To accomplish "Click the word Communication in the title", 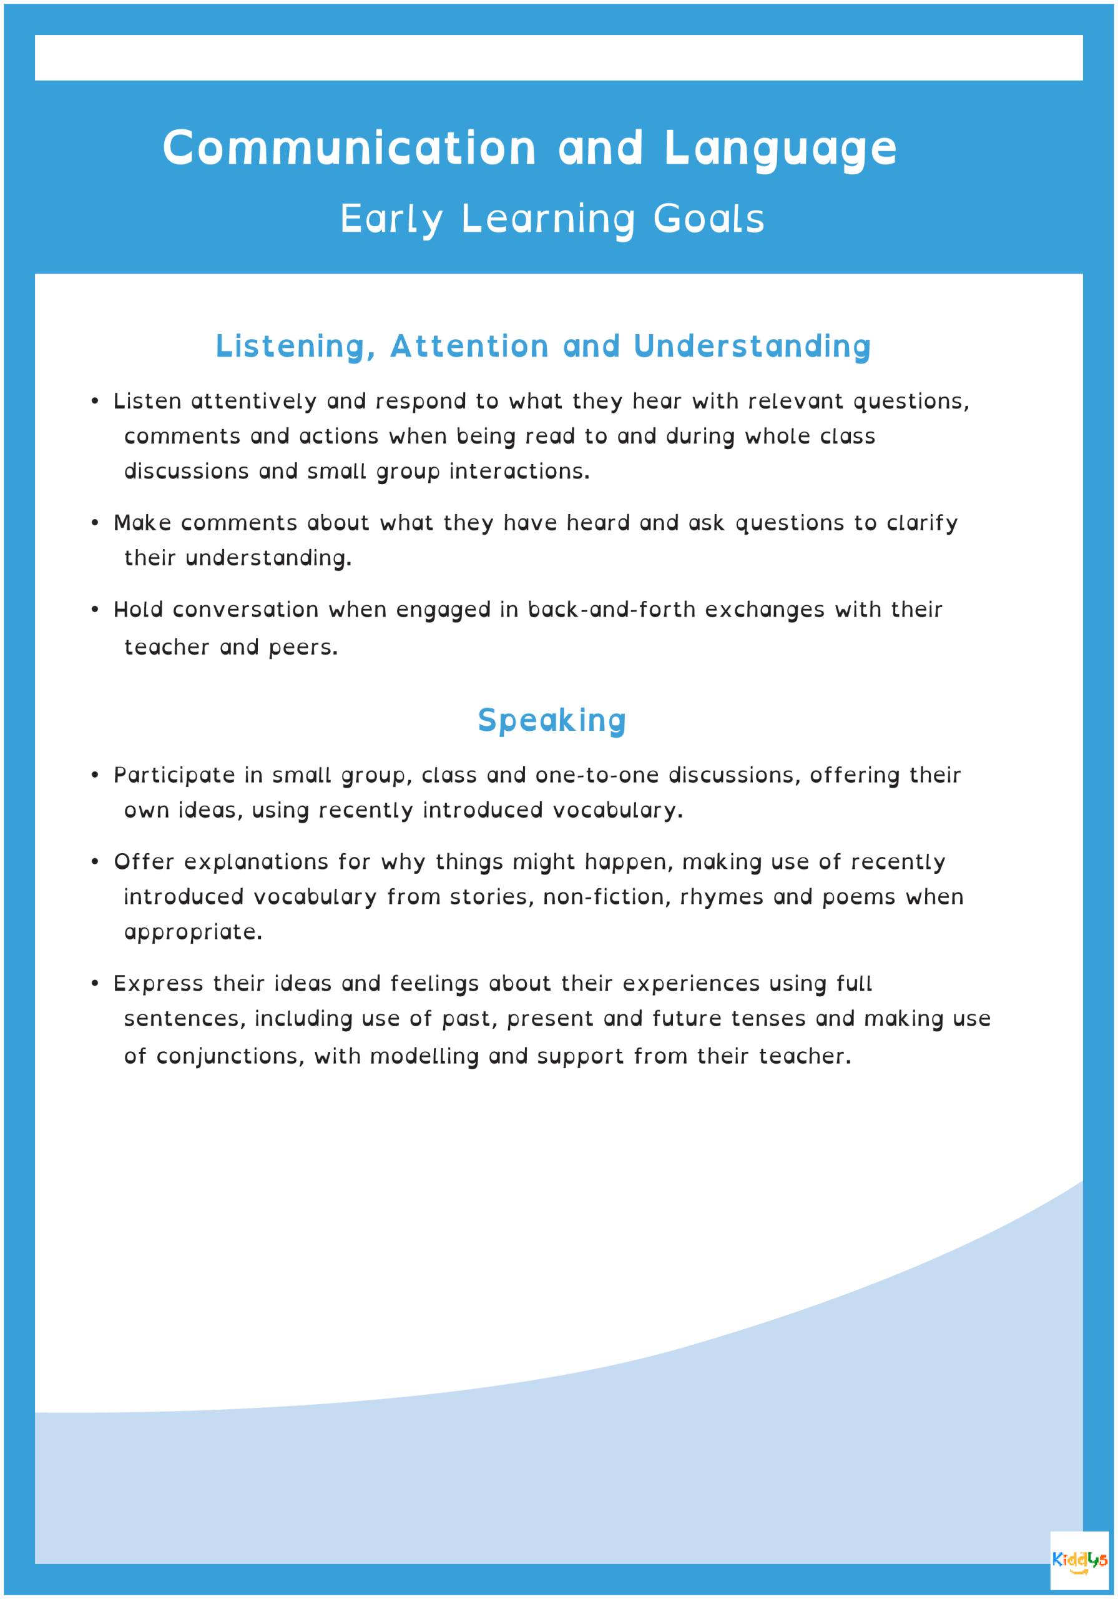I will (350, 147).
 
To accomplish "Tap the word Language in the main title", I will (780, 147).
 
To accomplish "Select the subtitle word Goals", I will (709, 219).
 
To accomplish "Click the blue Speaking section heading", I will (552, 720).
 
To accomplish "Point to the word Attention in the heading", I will (469, 346).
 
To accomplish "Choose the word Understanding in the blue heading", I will (752, 346).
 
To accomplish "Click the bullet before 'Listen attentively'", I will (95, 401).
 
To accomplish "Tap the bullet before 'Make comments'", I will (95, 523).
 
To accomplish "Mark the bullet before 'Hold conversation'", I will (95, 610).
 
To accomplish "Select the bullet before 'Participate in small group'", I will (95, 775).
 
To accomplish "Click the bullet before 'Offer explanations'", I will (95, 862).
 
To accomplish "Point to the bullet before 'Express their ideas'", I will (95, 983).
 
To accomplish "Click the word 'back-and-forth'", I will (611, 610).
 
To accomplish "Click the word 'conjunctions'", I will (230, 1056).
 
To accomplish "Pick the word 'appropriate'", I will (192, 933).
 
